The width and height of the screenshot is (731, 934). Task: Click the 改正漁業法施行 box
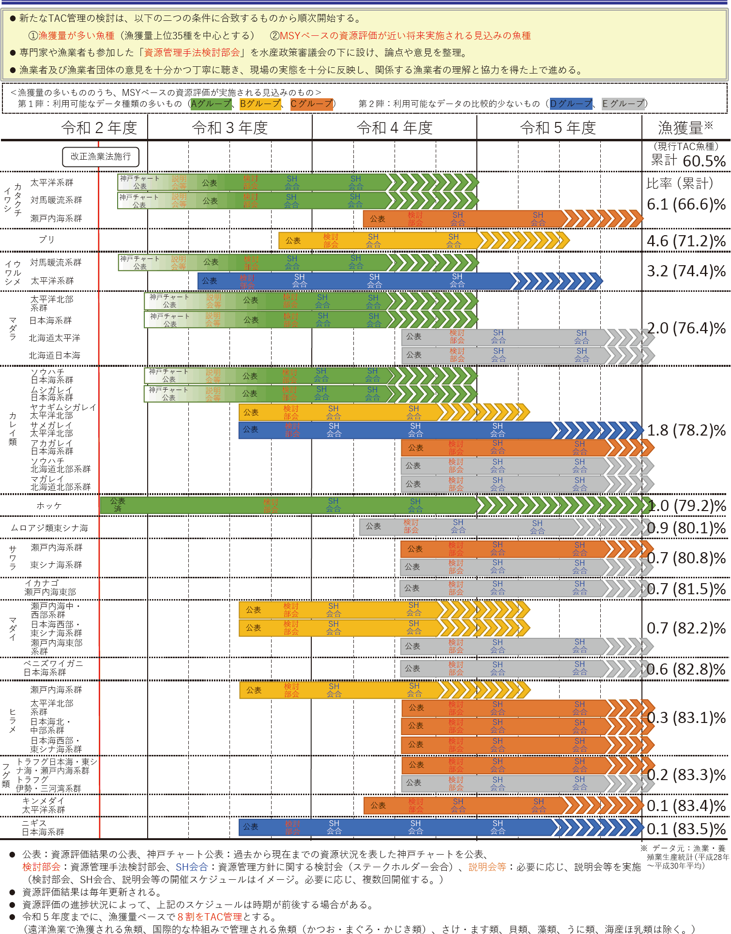(x=101, y=157)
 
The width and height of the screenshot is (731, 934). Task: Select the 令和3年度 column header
(x=230, y=128)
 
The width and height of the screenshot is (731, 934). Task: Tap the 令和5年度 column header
(x=558, y=128)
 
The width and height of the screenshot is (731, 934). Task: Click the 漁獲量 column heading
(x=685, y=128)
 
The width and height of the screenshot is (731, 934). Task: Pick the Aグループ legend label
(x=211, y=104)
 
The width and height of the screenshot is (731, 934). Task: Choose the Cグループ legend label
(x=312, y=104)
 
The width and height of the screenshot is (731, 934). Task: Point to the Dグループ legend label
(x=571, y=104)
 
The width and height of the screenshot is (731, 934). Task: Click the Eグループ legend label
(x=623, y=104)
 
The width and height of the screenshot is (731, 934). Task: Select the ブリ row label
(x=47, y=240)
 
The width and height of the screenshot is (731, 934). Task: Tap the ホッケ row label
(x=49, y=506)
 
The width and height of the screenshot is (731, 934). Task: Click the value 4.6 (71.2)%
(x=686, y=241)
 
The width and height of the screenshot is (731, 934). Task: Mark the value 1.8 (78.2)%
(x=686, y=430)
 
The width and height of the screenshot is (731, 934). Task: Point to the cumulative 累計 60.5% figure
(x=688, y=161)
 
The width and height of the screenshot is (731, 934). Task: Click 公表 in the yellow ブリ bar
(x=293, y=241)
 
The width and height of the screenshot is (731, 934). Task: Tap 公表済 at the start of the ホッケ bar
(x=118, y=505)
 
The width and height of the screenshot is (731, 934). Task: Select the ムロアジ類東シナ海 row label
(x=49, y=528)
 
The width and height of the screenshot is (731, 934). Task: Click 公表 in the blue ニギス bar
(x=250, y=827)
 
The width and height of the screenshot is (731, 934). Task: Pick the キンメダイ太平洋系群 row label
(x=44, y=805)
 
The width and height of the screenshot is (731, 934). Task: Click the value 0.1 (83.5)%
(x=686, y=829)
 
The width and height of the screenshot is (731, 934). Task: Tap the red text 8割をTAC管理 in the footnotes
(x=210, y=917)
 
